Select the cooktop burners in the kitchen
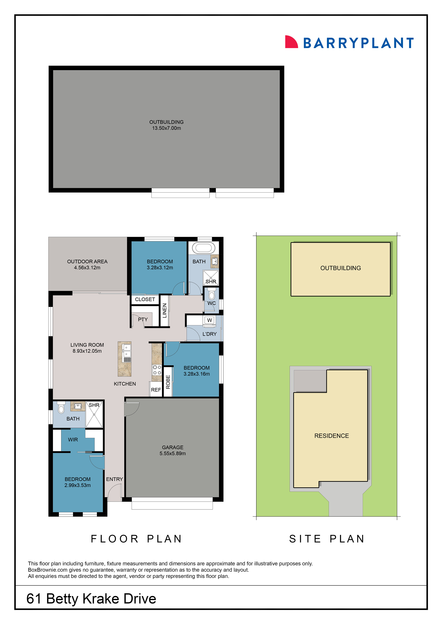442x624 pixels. pos(157,370)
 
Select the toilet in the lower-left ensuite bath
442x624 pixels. pos(61,408)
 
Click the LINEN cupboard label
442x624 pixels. pos(164,311)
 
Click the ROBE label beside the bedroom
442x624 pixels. pos(168,382)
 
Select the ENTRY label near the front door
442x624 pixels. pos(114,479)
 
